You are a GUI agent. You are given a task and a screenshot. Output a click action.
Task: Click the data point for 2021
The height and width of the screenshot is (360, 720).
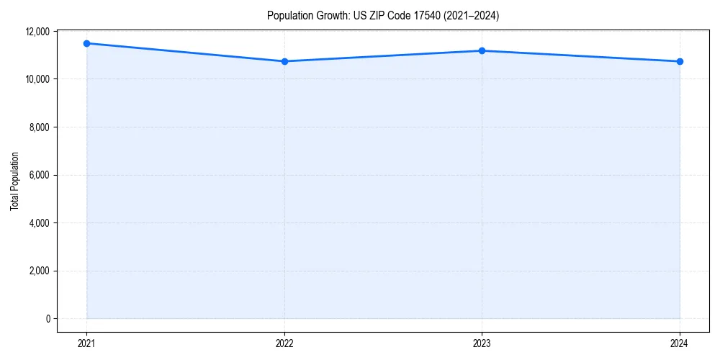[86, 43]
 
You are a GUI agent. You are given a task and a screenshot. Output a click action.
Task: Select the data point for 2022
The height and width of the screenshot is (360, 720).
[284, 61]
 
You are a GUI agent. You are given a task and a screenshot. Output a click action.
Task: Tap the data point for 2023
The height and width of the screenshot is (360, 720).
[482, 50]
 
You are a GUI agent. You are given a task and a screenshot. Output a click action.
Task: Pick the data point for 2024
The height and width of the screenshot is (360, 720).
[680, 61]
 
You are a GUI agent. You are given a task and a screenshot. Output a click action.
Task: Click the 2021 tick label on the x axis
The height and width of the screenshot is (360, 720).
[86, 343]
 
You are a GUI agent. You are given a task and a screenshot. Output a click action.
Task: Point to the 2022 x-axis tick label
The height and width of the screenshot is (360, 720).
[284, 343]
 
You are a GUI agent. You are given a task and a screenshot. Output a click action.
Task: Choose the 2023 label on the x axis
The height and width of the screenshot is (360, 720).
[482, 343]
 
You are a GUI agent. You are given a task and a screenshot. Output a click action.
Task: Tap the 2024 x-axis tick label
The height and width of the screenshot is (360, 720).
[680, 343]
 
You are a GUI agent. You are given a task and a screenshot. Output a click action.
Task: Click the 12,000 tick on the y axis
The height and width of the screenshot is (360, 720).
[37, 32]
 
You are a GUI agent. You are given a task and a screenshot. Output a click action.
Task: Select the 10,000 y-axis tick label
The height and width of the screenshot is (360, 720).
[37, 79]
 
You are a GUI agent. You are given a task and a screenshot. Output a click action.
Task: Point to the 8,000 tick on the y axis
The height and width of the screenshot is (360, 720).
[39, 127]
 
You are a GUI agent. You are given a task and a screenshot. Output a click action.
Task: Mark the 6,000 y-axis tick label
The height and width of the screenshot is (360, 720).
[39, 175]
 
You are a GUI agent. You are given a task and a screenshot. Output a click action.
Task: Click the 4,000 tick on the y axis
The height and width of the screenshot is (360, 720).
[39, 223]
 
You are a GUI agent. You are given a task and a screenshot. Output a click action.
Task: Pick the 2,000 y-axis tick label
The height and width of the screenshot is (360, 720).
[39, 271]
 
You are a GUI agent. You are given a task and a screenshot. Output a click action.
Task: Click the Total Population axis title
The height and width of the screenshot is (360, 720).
[14, 181]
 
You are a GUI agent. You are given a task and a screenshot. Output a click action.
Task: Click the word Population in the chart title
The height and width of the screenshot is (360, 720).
[287, 15]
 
